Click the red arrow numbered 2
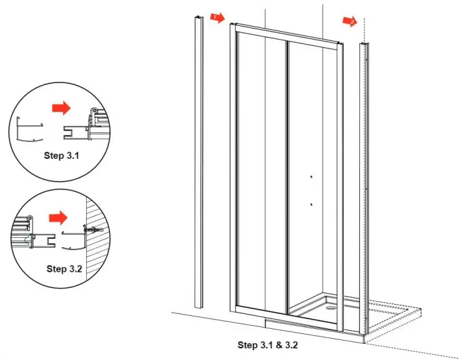click(350, 21)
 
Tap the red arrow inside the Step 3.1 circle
click(62, 108)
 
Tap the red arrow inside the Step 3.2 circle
click(58, 214)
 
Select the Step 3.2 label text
click(65, 269)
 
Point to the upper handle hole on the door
click(311, 177)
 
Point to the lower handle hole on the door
click(311, 204)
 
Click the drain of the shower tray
click(332, 309)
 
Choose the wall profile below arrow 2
click(365, 182)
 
